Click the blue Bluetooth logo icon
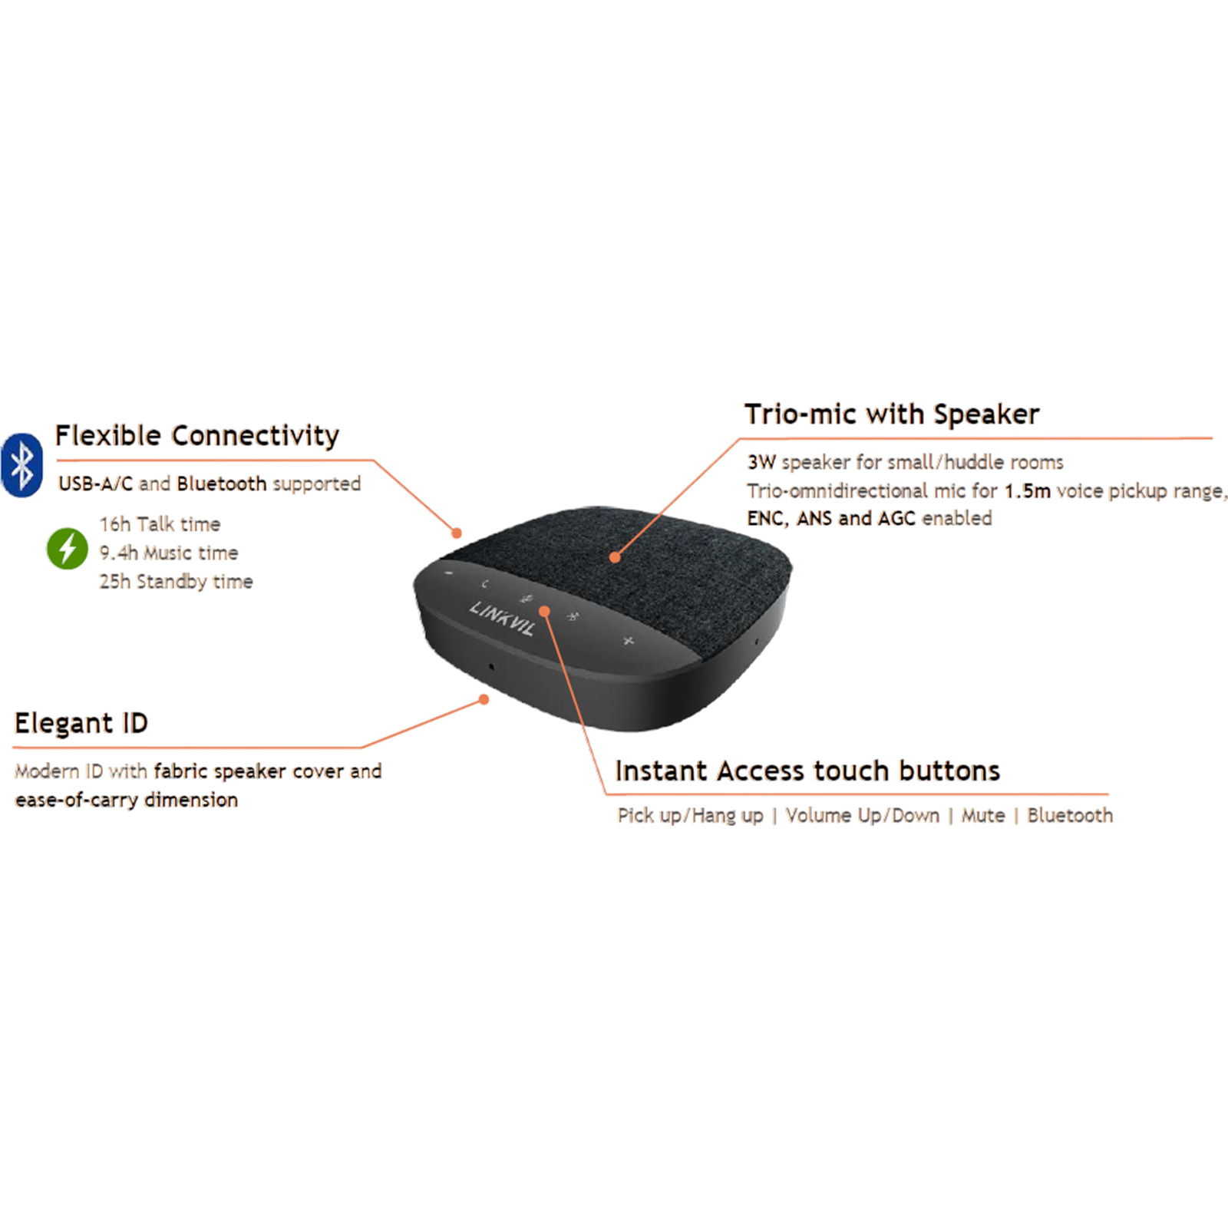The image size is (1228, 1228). pos(22,465)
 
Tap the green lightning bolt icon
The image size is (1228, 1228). pos(68,549)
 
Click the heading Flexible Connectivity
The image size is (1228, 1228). pos(196,436)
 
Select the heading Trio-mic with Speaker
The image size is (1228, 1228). pos(892,414)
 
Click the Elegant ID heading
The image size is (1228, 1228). pos(81,723)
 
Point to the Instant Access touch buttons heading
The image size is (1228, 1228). pos(807,771)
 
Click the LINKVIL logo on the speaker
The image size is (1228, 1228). pos(502,618)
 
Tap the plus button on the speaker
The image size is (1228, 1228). pos(629,640)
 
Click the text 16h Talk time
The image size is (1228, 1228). pos(160,524)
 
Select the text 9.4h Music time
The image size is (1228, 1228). pos(169,553)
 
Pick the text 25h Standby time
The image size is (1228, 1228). pos(176,582)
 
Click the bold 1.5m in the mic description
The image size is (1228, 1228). pos(1027,491)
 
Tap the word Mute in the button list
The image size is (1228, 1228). pos(983,815)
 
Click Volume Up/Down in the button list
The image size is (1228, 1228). pos(862,815)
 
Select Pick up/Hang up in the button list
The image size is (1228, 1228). pos(690,815)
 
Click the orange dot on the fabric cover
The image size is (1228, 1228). pos(615,558)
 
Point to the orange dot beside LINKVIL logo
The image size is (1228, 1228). pos(544,611)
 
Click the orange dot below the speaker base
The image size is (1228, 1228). pos(484,699)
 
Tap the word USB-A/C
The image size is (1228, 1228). pos(96,484)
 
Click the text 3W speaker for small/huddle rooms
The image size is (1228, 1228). pos(906,462)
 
